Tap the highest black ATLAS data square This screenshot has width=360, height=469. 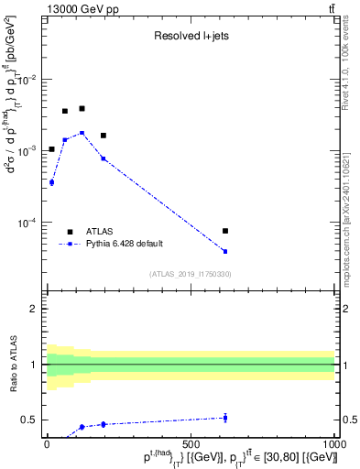(82, 108)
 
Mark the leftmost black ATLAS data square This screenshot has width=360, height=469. (51, 148)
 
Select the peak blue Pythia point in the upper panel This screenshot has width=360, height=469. (82, 133)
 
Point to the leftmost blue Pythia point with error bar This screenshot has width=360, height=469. (51, 182)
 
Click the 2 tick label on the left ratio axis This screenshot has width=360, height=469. (33, 309)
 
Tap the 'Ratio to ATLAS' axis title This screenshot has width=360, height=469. (14, 365)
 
